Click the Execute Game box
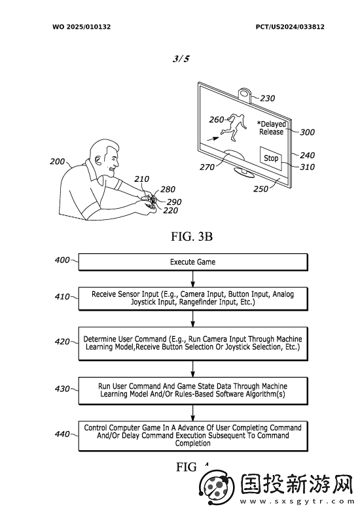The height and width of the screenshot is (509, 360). coord(193,262)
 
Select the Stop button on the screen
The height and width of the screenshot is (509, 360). coord(271,158)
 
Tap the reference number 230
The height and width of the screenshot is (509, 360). coord(268,98)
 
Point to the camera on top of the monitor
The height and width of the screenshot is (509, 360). coord(245,94)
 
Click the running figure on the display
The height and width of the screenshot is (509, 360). coord(235,127)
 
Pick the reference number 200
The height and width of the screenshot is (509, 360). coord(57,162)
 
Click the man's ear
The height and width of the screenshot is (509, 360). coord(96,160)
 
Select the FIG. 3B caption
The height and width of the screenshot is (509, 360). coord(192,236)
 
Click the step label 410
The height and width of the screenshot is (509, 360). coord(62,297)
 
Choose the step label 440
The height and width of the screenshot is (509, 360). coord(62,434)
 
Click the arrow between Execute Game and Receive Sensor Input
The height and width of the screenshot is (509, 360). coord(193,279)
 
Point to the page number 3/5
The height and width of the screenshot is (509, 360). coord(181,59)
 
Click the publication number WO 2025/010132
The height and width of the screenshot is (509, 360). coord(82,27)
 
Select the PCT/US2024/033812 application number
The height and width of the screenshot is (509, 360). coord(290,27)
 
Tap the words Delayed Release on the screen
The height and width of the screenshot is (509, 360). coord(272,128)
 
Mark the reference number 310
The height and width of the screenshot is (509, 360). coord(307,167)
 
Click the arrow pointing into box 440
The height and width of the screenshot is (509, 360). coord(193,413)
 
